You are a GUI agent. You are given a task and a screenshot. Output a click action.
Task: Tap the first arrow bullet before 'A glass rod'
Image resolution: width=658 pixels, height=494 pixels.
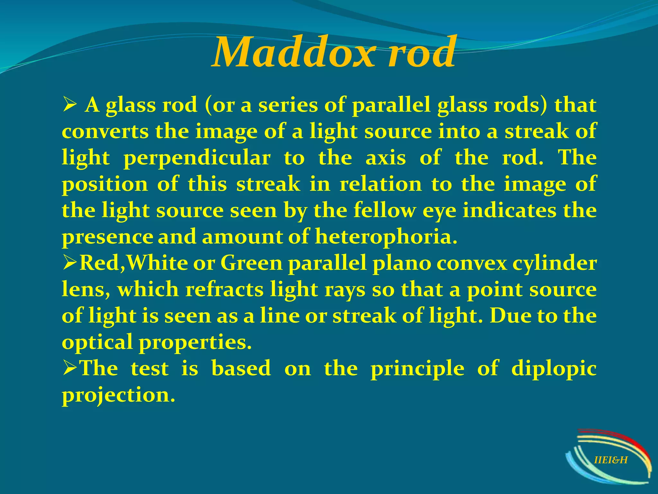tap(69, 105)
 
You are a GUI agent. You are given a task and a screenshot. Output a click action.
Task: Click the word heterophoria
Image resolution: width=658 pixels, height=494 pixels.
tap(386, 237)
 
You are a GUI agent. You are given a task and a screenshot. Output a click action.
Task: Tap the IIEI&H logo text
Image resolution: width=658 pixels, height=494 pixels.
tap(610, 460)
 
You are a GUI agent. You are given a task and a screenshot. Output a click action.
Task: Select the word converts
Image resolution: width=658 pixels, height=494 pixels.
tap(105, 132)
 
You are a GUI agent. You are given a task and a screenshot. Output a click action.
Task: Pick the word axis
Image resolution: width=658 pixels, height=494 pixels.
tap(386, 158)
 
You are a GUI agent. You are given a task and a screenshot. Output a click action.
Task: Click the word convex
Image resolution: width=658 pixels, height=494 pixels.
tap(471, 264)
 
